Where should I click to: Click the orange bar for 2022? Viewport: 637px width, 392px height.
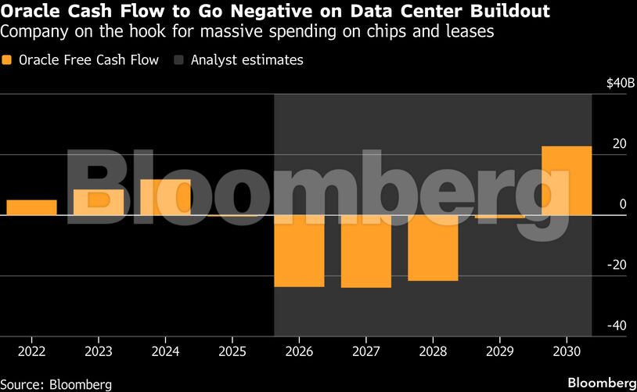[x=31, y=207]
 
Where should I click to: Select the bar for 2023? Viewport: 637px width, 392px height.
[x=99, y=202]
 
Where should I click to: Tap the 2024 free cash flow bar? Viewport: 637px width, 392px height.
[x=165, y=197]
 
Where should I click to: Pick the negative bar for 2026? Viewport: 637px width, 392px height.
[x=299, y=251]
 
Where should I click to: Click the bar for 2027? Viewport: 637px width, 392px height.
[x=365, y=252]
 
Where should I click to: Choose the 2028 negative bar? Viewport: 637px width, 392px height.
[x=433, y=248]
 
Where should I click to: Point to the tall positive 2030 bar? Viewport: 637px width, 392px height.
[x=567, y=181]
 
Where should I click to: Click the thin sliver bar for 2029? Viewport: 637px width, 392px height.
[x=499, y=216]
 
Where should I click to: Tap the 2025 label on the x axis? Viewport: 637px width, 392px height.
[x=232, y=352]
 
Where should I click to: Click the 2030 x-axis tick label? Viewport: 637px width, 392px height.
[x=567, y=352]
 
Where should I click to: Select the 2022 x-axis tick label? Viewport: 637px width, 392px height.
[x=31, y=352]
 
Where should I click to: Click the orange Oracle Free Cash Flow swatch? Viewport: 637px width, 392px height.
[x=8, y=60]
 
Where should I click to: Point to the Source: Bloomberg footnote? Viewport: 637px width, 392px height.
[x=56, y=384]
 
